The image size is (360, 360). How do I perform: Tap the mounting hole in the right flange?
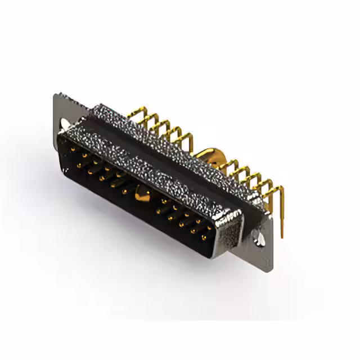260,237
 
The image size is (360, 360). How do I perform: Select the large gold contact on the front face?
142,195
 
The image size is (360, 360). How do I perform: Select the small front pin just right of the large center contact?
163,201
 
